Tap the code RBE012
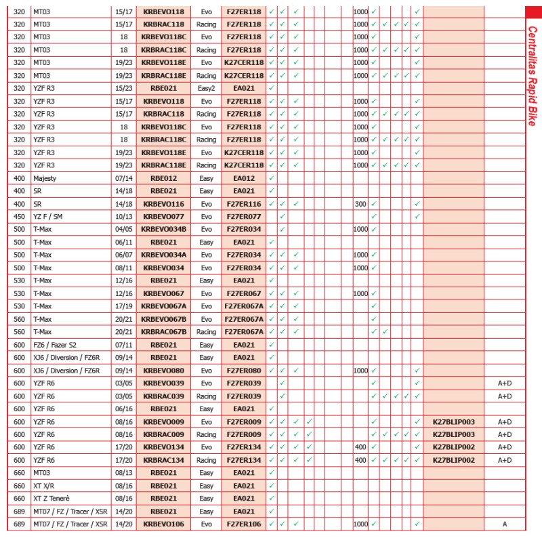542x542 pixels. click(163, 178)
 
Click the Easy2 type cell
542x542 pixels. click(206, 88)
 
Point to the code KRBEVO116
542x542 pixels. click(163, 203)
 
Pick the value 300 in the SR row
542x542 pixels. click(360, 203)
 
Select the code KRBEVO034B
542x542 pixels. click(163, 229)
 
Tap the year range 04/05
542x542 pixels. click(124, 229)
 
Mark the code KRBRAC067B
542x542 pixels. click(163, 331)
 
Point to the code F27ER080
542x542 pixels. click(243, 370)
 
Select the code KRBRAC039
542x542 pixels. click(163, 396)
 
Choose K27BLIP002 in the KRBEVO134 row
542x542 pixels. click(454, 447)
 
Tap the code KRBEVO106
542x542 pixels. click(163, 524)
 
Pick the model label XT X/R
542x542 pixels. click(46, 485)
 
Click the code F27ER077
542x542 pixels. click(243, 216)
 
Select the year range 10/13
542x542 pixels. click(124, 216)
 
